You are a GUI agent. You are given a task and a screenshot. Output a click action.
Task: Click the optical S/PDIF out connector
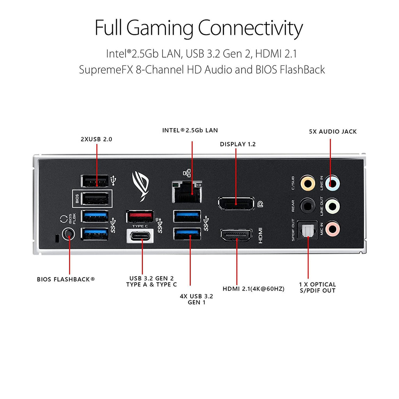(x=307, y=231)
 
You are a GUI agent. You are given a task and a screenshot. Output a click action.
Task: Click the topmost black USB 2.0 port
(x=94, y=181)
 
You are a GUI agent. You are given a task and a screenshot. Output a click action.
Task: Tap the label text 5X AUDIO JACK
(x=332, y=132)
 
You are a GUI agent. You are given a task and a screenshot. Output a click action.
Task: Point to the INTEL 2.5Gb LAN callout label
(x=190, y=130)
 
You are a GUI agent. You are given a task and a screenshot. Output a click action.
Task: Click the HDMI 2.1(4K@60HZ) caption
(x=253, y=289)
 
